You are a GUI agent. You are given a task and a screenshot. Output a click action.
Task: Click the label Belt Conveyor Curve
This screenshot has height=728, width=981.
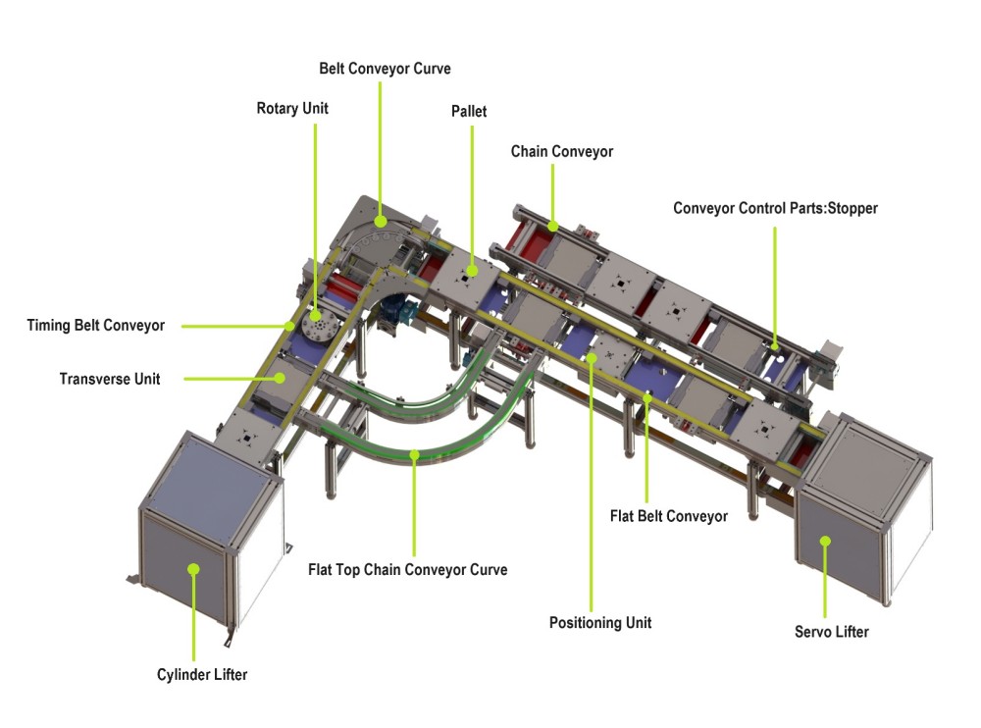click(385, 69)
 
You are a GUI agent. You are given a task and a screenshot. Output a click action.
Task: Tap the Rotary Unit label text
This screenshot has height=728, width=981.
click(292, 108)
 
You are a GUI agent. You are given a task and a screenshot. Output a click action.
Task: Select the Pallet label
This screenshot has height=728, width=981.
click(469, 112)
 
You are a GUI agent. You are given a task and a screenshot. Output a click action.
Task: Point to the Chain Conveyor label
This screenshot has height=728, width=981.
click(562, 151)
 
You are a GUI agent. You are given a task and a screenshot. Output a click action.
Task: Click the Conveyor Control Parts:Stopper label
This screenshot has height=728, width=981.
click(775, 208)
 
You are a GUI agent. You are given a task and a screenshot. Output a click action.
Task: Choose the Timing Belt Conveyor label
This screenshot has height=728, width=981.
click(96, 325)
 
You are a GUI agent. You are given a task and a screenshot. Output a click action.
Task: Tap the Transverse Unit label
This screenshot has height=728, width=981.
click(110, 379)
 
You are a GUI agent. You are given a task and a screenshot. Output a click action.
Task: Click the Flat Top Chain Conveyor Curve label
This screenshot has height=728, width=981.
click(407, 570)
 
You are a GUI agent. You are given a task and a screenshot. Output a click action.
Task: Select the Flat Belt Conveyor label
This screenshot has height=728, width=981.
click(669, 516)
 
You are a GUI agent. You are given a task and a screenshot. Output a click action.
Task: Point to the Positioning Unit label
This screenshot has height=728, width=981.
click(600, 623)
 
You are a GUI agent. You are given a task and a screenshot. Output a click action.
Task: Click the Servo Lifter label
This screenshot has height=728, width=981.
click(832, 632)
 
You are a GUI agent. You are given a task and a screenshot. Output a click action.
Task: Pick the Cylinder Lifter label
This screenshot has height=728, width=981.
click(202, 675)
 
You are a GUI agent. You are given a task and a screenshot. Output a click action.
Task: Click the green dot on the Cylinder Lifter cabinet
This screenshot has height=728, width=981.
click(194, 569)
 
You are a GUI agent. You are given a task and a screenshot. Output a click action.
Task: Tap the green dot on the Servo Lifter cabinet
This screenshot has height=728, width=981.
click(826, 541)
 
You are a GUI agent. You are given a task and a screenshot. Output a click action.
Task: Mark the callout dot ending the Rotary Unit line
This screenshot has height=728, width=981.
click(316, 316)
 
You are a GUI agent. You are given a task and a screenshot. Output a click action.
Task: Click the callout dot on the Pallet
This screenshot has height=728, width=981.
click(473, 271)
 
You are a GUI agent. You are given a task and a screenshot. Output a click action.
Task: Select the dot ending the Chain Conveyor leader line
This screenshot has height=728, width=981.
click(553, 226)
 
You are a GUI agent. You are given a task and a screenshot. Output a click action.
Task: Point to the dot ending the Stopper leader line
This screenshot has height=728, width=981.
click(775, 346)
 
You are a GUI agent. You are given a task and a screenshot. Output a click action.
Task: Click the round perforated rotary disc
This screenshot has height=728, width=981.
click(318, 326)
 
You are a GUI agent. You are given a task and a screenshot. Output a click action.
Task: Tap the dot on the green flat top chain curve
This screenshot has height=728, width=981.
click(414, 454)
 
